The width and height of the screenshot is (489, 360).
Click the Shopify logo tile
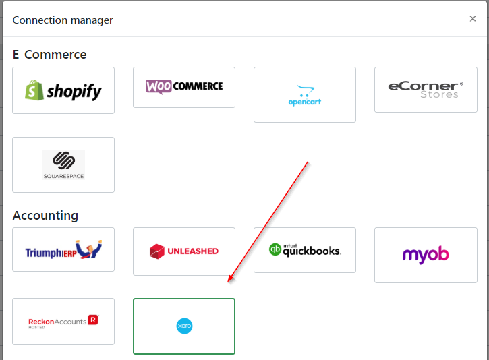(63, 90)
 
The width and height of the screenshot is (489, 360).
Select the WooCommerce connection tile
(184, 87)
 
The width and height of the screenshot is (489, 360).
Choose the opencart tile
(305, 95)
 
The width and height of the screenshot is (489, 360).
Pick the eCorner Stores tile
(426, 90)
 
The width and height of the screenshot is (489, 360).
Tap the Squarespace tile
(63, 164)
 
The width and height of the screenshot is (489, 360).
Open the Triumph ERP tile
(63, 249)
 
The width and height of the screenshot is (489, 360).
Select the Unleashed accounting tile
(184, 251)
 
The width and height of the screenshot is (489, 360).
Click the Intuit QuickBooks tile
(305, 249)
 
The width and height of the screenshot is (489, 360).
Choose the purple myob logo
(426, 255)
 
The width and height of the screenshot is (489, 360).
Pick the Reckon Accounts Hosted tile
(63, 322)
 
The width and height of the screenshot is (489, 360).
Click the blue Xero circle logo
(184, 326)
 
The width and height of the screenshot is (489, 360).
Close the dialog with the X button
(473, 19)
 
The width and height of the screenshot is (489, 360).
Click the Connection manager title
(63, 20)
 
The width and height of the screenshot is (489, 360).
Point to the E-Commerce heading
(49, 54)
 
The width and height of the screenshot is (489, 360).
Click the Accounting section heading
(45, 216)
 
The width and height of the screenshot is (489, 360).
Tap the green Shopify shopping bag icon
(34, 90)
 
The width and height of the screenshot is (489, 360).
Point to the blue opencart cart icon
(305, 90)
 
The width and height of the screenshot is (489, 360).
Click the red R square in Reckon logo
(93, 320)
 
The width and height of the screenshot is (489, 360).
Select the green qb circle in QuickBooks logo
(275, 249)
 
